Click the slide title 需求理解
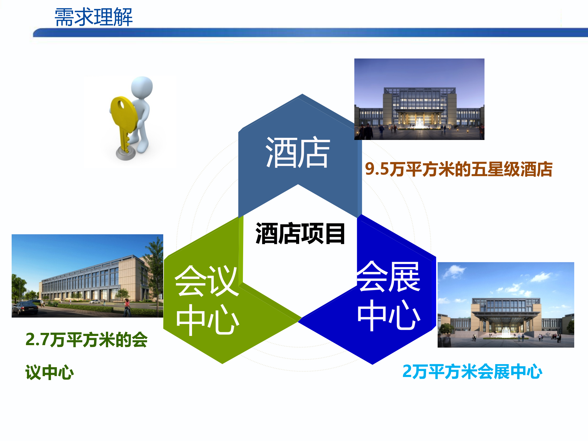pyautogui.click(x=93, y=17)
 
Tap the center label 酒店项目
pyautogui.click(x=300, y=234)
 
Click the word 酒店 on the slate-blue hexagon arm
pyautogui.click(x=298, y=153)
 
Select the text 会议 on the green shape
pyautogui.click(x=206, y=281)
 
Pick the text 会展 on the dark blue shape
pyautogui.click(x=388, y=277)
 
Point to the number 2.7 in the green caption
pyautogui.click(x=37, y=340)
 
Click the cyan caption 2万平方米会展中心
pyautogui.click(x=472, y=371)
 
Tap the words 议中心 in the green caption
pyautogui.click(x=49, y=372)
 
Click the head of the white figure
pyautogui.click(x=142, y=87)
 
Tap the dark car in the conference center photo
pyautogui.click(x=25, y=308)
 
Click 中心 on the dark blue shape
pyautogui.click(x=388, y=315)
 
